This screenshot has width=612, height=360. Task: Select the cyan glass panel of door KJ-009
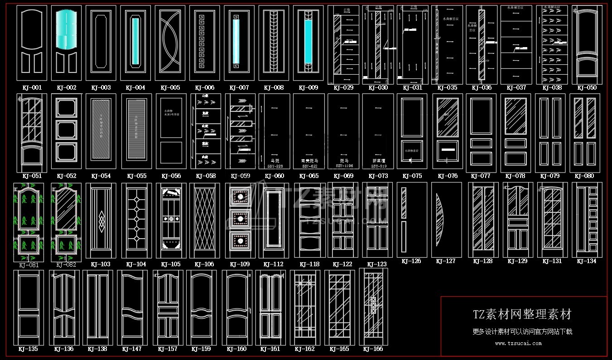pyautogui.click(x=308, y=42)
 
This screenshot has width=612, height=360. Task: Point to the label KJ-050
pyautogui.click(x=587, y=87)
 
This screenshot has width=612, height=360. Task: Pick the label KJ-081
pyautogui.click(x=29, y=265)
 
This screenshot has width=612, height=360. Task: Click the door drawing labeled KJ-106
pyautogui.click(x=204, y=221)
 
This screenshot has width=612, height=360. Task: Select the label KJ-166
pyautogui.click(x=373, y=349)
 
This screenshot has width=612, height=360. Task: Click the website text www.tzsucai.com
pyautogui.click(x=518, y=343)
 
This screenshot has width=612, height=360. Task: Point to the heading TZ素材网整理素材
pyautogui.click(x=522, y=314)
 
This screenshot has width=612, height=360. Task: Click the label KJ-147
pyautogui.click(x=132, y=349)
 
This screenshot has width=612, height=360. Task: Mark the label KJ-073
pyautogui.click(x=378, y=176)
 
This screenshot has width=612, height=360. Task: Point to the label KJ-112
pyautogui.click(x=273, y=264)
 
